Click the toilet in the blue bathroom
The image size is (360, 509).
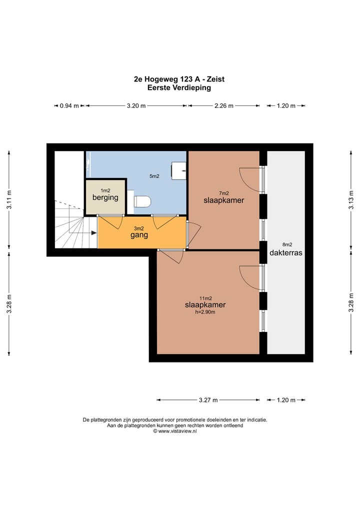point(142,201)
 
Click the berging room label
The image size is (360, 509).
point(105,197)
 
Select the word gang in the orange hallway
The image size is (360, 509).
point(139,235)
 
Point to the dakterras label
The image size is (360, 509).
point(285,252)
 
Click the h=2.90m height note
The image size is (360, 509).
point(205,312)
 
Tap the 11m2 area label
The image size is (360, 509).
point(206,298)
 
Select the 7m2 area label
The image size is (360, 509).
point(224,193)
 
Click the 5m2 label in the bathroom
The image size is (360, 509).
point(154,176)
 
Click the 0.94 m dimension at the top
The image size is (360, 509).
point(69,105)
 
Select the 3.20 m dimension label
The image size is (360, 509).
point(136,105)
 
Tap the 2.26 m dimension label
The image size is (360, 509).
point(224,105)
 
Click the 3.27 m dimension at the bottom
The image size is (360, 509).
point(208,400)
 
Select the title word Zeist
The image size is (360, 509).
point(215,79)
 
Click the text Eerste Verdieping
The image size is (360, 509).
point(179,87)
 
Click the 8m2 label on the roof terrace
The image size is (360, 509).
point(287,244)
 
